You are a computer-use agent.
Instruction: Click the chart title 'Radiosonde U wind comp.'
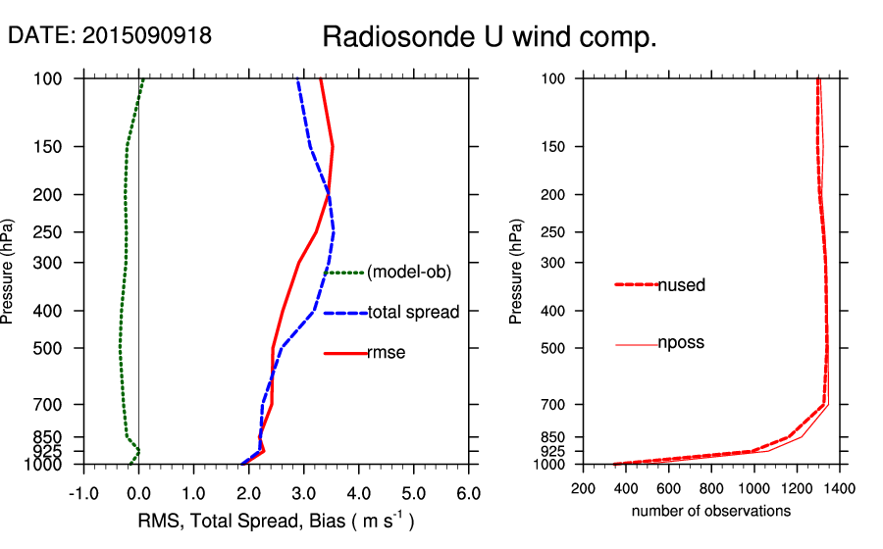pyautogui.click(x=490, y=38)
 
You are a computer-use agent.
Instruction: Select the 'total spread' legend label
pyautogui.click(x=413, y=313)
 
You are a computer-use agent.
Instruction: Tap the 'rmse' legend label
pyautogui.click(x=386, y=353)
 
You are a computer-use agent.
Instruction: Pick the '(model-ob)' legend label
pyautogui.click(x=408, y=273)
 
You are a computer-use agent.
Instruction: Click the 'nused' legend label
pyautogui.click(x=682, y=285)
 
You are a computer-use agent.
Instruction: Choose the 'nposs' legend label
pyautogui.click(x=681, y=343)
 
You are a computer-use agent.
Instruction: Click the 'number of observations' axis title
pyautogui.click(x=711, y=511)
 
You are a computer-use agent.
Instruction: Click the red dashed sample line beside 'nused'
pyautogui.click(x=636, y=284)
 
